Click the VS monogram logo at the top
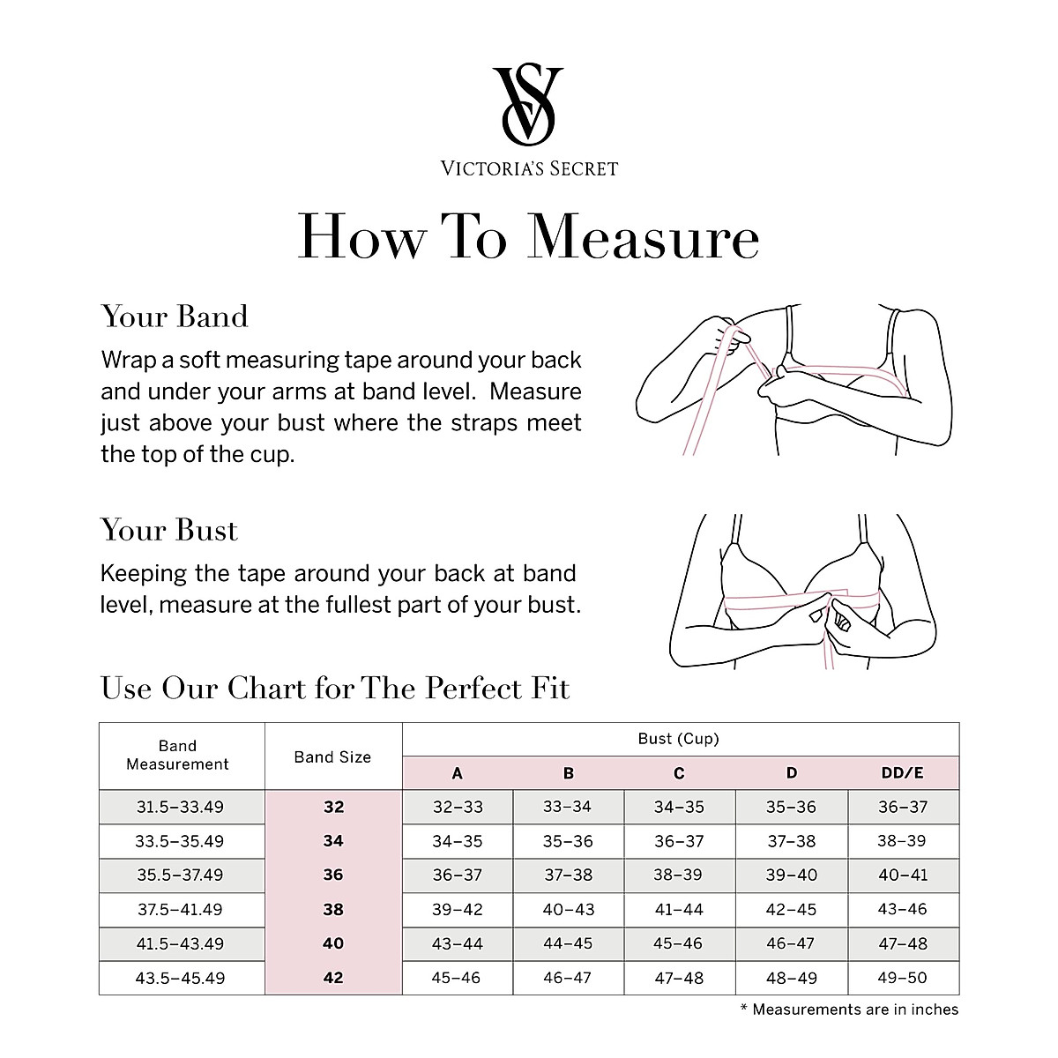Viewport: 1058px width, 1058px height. [x=528, y=104]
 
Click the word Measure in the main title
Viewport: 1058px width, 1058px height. [x=644, y=236]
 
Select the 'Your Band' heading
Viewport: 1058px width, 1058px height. [x=175, y=317]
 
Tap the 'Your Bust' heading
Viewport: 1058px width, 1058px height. [x=169, y=530]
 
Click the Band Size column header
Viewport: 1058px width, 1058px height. [x=332, y=756]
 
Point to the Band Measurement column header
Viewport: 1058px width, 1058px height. [x=177, y=756]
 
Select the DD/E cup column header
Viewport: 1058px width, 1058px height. [x=902, y=773]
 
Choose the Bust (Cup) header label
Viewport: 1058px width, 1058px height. [x=679, y=739]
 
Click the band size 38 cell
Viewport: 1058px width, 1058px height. [x=333, y=909]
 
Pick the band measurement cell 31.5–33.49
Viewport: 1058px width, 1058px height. [x=180, y=807]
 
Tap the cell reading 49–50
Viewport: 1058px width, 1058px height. [x=903, y=978]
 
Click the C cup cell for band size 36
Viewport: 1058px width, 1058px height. [x=679, y=875]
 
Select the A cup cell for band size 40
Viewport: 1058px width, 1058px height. [x=457, y=943]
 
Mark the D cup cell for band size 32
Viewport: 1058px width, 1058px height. [x=791, y=807]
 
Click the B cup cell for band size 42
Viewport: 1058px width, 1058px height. [x=568, y=978]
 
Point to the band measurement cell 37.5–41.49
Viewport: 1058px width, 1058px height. [x=180, y=909]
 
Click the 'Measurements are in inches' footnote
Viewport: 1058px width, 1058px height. [x=849, y=1010]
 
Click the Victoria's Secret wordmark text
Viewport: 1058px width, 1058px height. [x=529, y=168]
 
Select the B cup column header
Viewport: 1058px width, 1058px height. [x=568, y=773]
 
